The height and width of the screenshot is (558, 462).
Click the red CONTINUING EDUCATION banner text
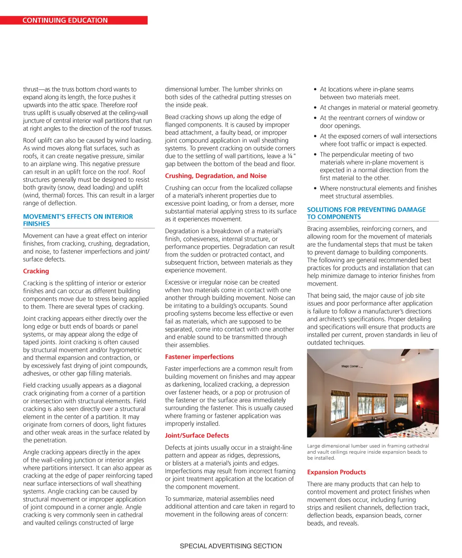[65, 20]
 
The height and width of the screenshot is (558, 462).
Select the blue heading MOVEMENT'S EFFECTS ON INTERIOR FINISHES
[78, 220]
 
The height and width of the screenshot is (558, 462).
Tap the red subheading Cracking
[36, 271]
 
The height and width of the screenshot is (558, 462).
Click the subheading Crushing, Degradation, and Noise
[216, 176]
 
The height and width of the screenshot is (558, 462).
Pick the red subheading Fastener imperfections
[199, 357]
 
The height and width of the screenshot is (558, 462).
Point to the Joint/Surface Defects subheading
[197, 435]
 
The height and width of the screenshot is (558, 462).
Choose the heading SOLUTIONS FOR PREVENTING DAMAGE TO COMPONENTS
[366, 213]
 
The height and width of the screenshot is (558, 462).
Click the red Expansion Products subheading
[336, 472]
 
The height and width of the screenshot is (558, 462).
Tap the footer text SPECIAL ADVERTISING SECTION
[231, 546]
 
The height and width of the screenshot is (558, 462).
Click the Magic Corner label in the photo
[350, 366]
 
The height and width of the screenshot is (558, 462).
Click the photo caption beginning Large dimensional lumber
[367, 452]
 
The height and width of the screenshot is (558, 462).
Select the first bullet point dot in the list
[315, 89]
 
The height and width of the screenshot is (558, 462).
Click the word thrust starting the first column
[31, 89]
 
